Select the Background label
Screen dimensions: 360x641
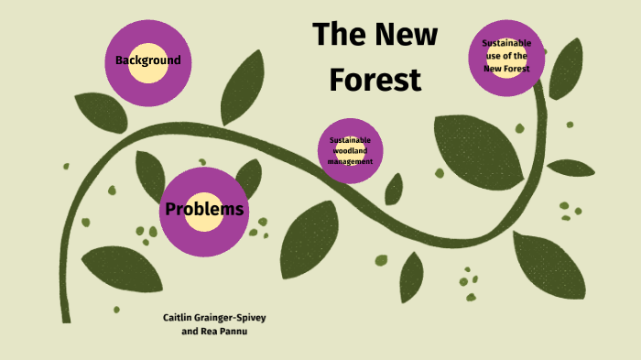(147, 61)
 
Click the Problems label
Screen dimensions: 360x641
(204, 210)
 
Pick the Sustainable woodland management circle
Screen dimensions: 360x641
(350, 149)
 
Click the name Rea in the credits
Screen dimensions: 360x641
(212, 331)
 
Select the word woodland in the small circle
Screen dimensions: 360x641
(350, 150)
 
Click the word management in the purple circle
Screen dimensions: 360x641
(350, 161)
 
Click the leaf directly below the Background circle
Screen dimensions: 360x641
(101, 113)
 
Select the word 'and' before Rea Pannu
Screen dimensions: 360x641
(190, 331)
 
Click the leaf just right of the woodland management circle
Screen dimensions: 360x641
(395, 189)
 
